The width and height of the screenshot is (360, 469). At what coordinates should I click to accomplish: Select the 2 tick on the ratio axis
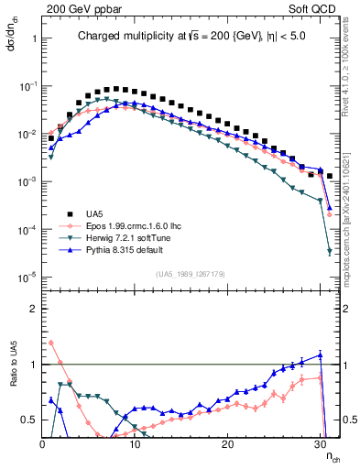pyautogui.click(x=33, y=309)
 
